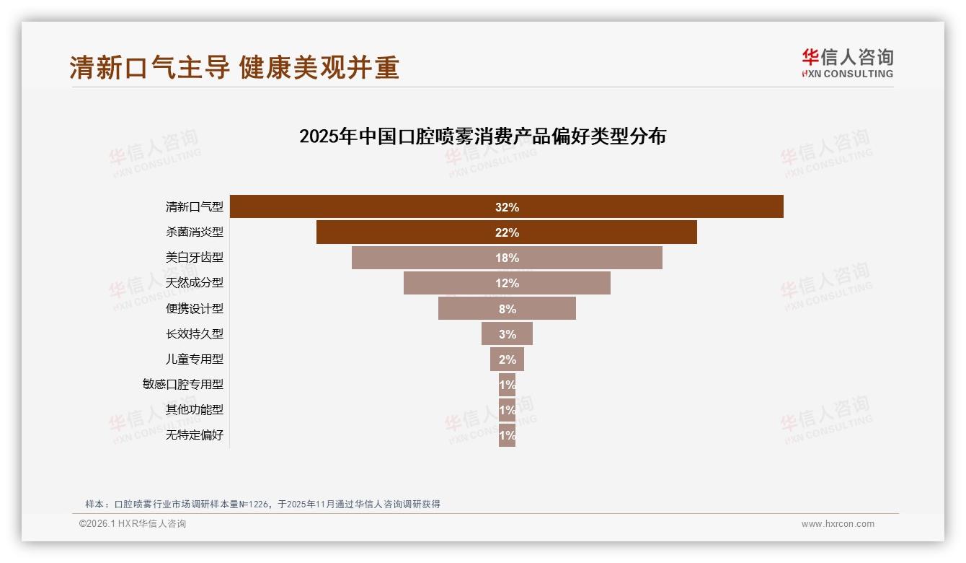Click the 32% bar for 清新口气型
point(506,207)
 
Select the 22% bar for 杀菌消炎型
point(506,232)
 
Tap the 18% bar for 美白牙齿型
point(506,258)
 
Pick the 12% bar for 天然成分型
point(506,283)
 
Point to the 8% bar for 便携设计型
point(506,309)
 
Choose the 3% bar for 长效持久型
point(507,334)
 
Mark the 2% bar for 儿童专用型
point(507,359)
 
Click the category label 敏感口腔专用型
point(183,385)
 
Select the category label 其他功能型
point(195,410)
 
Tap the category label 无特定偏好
point(195,435)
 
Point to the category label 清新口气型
point(195,207)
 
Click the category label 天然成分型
point(195,283)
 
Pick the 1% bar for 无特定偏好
point(507,435)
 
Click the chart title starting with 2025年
point(482,136)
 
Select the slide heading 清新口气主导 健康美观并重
point(234,67)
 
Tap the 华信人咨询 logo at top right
point(847,63)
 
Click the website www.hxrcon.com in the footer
point(838,524)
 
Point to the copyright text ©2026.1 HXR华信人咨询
point(133,524)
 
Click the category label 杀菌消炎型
point(195,232)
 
